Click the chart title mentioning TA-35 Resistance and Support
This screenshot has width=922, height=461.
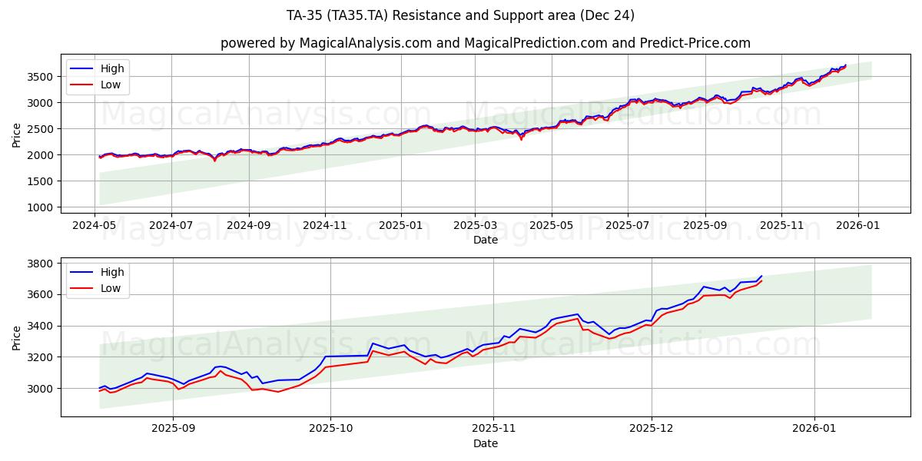click(460, 15)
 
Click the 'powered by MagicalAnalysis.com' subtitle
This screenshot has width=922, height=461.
click(485, 43)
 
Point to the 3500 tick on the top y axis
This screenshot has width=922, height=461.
click(38, 77)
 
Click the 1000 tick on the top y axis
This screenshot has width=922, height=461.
click(38, 207)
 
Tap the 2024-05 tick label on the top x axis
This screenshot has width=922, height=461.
click(95, 225)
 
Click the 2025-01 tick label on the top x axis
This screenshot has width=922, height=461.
click(400, 225)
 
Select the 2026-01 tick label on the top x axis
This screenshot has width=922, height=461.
click(857, 225)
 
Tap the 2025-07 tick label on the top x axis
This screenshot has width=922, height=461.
click(628, 225)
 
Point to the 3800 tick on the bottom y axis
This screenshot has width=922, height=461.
click(38, 264)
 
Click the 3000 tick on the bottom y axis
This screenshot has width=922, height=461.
click(38, 389)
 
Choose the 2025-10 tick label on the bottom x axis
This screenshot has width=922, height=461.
click(330, 429)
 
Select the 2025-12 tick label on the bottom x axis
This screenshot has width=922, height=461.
click(652, 429)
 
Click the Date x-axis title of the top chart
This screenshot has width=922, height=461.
click(485, 240)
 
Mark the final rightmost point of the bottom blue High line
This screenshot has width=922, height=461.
click(761, 276)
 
